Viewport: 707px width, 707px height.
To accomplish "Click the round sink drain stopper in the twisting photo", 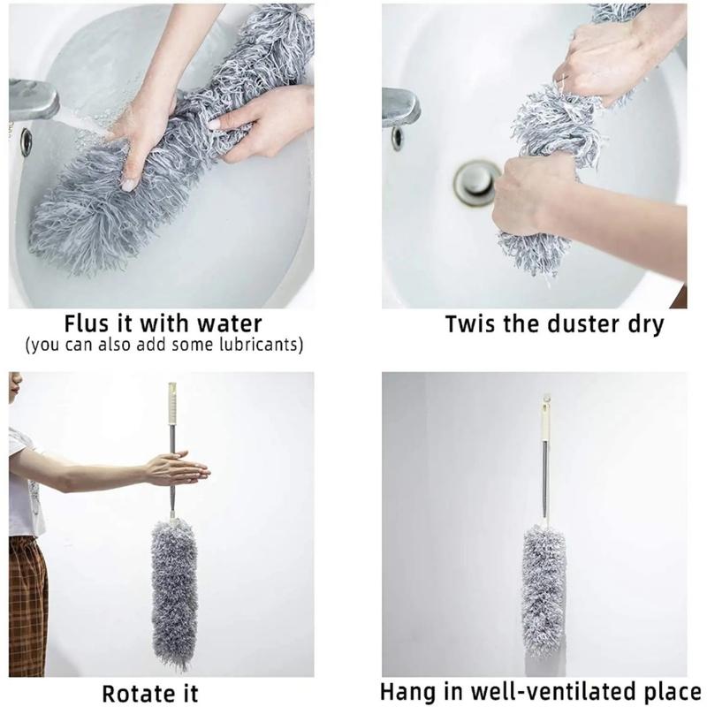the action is click(x=477, y=183).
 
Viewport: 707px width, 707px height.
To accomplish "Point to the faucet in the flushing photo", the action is click(x=33, y=100).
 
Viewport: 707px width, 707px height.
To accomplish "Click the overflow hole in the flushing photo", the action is click(x=27, y=142).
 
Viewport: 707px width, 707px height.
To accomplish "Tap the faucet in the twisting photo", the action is click(x=400, y=107).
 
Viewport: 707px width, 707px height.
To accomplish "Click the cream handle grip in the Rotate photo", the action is click(x=172, y=404).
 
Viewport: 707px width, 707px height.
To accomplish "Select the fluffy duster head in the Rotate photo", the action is click(x=174, y=593).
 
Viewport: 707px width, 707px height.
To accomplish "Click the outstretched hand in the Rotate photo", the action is click(x=177, y=469).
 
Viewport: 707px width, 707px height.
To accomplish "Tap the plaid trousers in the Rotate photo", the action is click(x=28, y=606).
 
